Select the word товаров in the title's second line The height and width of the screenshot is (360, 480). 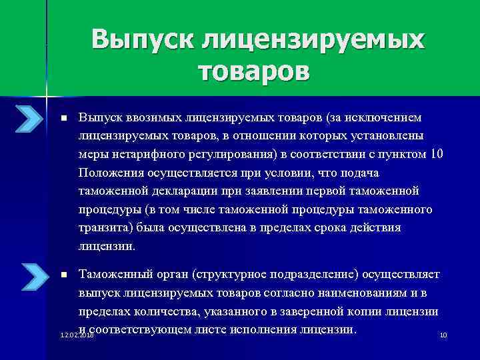254,70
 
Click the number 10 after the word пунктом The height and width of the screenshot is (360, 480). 436,155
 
